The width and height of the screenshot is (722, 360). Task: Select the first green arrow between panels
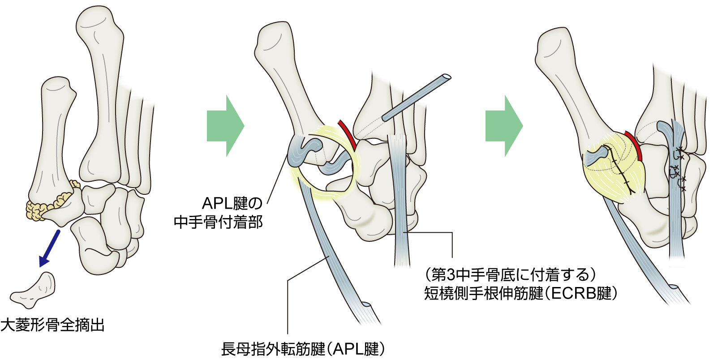[224, 126]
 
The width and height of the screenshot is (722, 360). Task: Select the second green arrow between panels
[503, 126]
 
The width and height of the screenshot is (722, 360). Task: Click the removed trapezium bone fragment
[34, 291]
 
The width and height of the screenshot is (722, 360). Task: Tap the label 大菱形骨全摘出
[52, 325]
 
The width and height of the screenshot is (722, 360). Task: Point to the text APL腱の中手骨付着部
[219, 213]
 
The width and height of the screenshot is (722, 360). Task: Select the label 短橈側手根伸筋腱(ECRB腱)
[520, 293]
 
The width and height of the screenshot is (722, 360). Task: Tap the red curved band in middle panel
[348, 134]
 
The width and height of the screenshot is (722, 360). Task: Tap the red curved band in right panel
[635, 145]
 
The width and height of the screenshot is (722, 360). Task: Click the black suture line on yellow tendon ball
[620, 170]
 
